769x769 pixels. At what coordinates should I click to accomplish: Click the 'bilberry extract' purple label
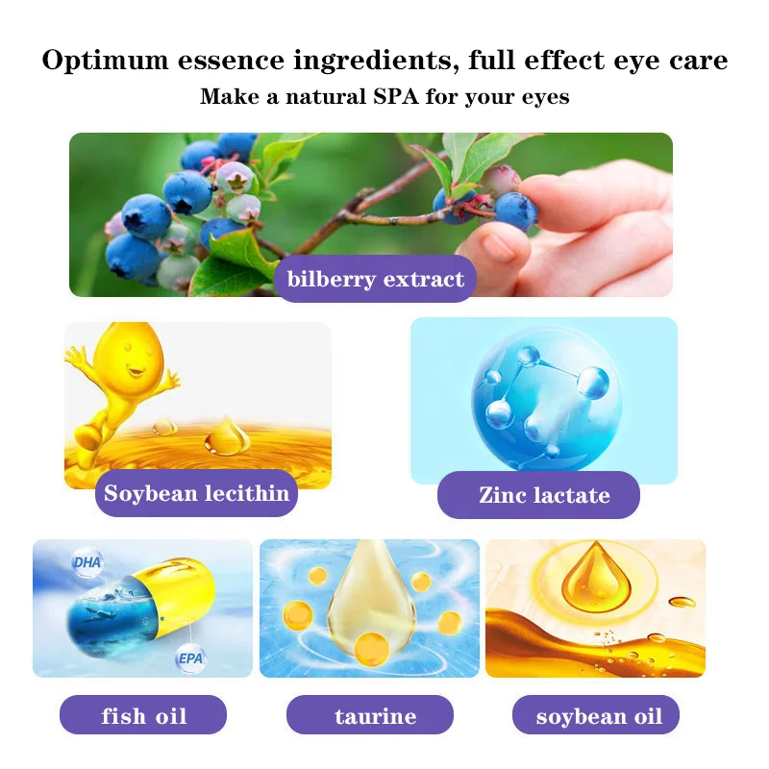[375, 280]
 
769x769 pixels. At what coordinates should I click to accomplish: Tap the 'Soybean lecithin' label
[196, 494]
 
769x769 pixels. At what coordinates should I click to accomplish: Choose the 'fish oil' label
[143, 716]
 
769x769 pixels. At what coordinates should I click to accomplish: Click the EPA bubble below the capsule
[189, 659]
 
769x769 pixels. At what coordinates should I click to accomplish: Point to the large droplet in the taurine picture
[370, 601]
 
